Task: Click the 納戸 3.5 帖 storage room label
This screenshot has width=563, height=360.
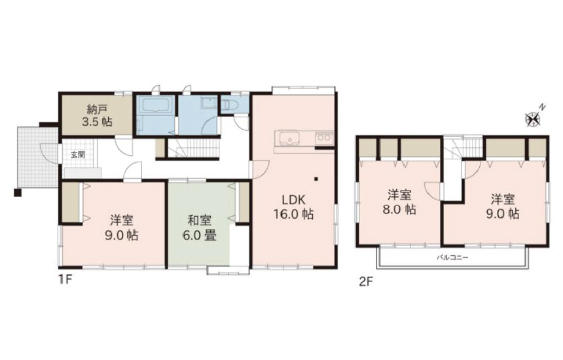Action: [97, 115]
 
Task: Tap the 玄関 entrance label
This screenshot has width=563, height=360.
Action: [77, 155]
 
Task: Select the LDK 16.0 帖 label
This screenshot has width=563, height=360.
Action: [293, 207]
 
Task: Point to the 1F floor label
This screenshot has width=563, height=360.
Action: [65, 279]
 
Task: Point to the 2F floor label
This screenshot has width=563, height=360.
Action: [366, 281]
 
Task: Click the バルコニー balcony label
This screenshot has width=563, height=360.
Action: [453, 257]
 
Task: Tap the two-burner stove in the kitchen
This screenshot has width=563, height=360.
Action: [324, 138]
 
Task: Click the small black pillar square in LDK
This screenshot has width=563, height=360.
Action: [316, 179]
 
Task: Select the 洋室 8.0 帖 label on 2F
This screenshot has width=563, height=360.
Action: [399, 202]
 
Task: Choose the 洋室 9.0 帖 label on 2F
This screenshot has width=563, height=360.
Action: [503, 207]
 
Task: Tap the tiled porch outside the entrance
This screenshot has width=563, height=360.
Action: [37, 158]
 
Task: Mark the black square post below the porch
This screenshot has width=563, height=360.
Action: [18, 192]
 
